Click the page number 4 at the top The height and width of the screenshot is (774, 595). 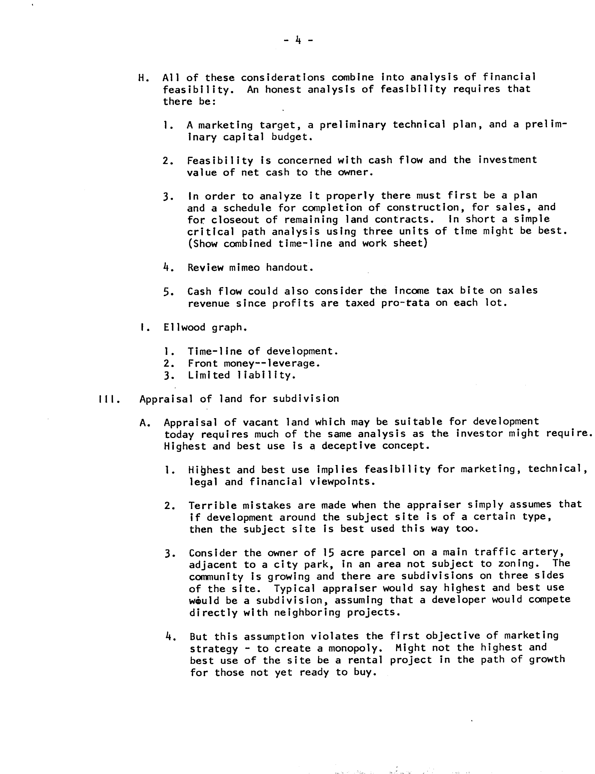pos(298,40)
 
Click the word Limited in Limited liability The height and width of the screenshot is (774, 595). pos(209,375)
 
